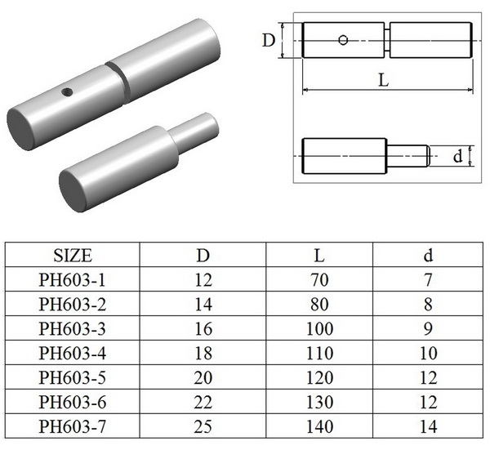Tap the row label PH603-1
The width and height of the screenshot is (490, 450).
(72, 280)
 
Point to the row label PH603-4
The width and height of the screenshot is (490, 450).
(72, 354)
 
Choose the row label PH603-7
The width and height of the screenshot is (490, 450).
(72, 426)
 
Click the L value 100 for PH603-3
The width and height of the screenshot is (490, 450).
(320, 329)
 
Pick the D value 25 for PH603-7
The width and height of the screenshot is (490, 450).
(203, 426)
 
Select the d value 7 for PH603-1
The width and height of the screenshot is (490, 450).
(429, 280)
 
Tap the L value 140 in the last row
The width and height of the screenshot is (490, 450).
(320, 426)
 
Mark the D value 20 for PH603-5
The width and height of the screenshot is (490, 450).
(203, 378)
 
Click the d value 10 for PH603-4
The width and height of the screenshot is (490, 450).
(429, 354)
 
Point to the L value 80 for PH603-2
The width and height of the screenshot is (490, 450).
(320, 305)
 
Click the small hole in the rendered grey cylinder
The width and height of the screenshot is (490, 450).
(69, 91)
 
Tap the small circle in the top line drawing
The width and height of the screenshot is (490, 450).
(344, 39)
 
